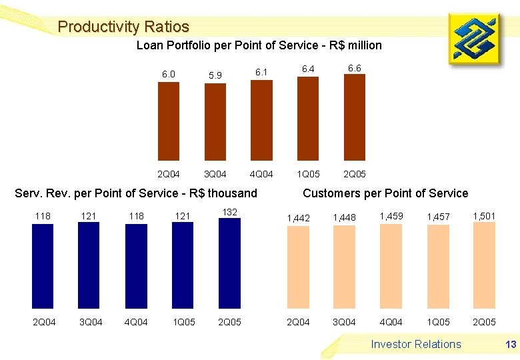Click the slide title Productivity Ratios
[123, 27]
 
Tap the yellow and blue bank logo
[477, 40]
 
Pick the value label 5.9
[215, 75]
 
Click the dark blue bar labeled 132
[229, 263]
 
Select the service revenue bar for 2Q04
[43, 266]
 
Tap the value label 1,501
[484, 215]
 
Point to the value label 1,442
[298, 218]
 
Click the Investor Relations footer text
[416, 344]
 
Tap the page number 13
[511, 344]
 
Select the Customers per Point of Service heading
[385, 193]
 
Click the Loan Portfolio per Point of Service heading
[259, 45]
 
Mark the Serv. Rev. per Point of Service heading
[136, 193]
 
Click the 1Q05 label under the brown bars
[308, 174]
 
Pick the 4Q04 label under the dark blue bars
[136, 322]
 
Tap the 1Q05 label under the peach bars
[438, 322]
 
